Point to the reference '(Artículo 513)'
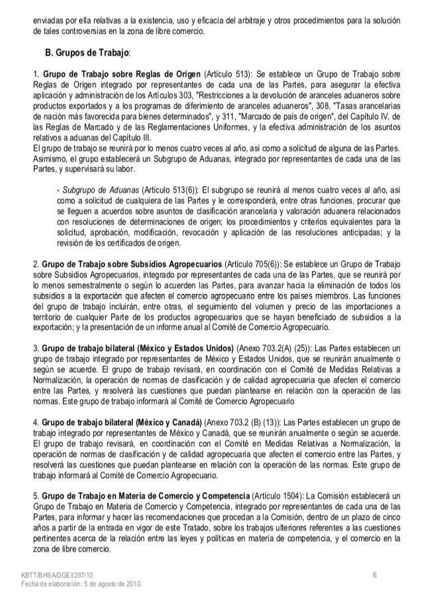click(227, 74)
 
